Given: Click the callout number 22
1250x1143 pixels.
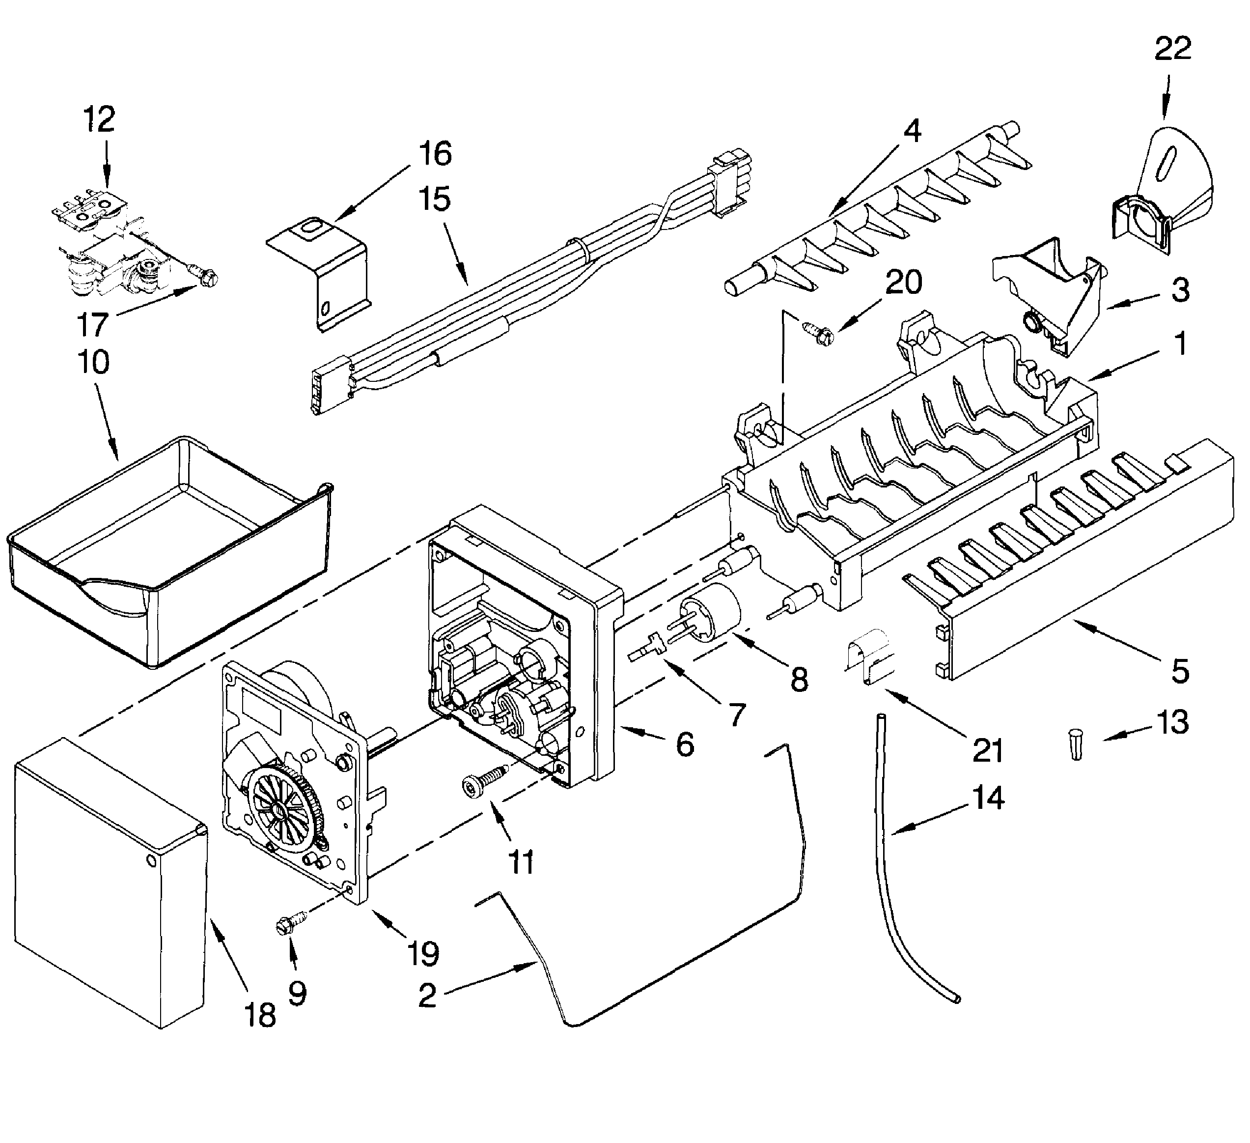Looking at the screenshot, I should [x=1172, y=49].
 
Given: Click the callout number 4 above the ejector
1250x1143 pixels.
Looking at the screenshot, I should [x=912, y=130].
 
